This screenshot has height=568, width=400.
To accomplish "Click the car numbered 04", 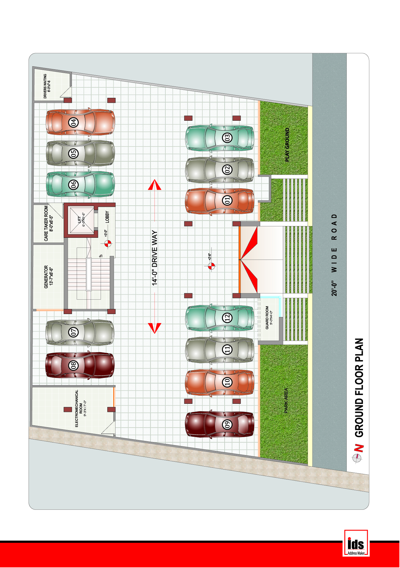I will [x=80, y=122].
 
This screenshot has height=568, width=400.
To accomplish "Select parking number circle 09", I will [x=227, y=424].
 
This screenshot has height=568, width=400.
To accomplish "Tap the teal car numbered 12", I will [x=220, y=318].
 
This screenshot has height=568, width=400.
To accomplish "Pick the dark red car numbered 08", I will [x=80, y=365].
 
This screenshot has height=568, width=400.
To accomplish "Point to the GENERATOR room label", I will [x=48, y=276].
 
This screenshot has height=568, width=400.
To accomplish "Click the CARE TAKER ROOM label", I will [x=48, y=223].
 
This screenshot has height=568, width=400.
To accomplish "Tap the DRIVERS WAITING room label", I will [x=47, y=86].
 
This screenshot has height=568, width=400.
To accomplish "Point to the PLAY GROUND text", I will [x=287, y=145].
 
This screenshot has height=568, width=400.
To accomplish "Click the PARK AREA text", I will [x=286, y=400].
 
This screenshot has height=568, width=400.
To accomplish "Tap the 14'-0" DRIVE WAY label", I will [x=155, y=258].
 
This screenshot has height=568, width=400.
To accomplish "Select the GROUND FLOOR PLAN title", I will [x=359, y=388].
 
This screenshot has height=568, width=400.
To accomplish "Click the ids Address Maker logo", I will [x=356, y=543].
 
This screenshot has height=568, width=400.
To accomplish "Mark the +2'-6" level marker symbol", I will [x=211, y=266].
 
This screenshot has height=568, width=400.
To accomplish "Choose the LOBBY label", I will [x=107, y=217].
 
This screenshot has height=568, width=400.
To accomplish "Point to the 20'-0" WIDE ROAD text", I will [x=334, y=255].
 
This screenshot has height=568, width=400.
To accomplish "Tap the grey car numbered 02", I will [x=220, y=170].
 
